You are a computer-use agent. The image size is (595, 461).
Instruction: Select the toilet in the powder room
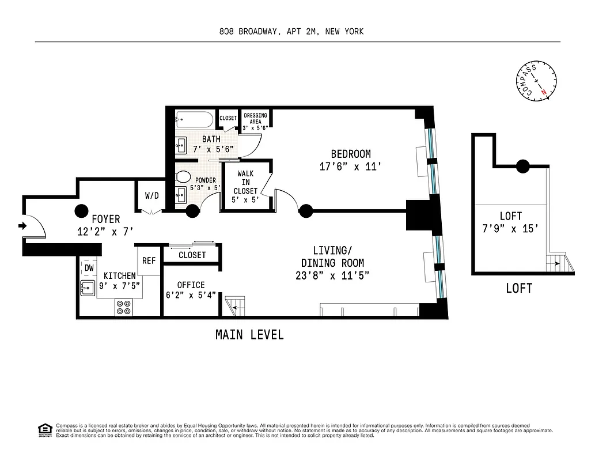point(183,177)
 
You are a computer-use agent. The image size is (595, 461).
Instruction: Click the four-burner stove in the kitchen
point(123,307)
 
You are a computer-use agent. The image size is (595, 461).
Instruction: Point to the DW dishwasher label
point(89,268)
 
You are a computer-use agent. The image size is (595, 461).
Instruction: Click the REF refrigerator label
point(149,260)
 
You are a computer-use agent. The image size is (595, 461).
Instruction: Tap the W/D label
point(151,196)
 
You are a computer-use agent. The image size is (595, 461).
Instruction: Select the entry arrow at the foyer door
point(22,226)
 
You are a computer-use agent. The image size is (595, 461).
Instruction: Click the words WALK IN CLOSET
point(245,183)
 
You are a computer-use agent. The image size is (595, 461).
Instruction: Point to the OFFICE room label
point(191,285)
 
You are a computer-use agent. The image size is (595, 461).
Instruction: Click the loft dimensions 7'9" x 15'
point(510,228)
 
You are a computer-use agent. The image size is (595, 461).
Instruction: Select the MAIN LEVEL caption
point(249,335)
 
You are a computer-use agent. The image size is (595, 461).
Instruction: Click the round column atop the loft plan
point(522,167)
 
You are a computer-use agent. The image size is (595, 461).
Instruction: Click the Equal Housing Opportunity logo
point(44,429)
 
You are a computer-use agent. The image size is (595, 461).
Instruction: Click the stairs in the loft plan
point(557,263)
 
